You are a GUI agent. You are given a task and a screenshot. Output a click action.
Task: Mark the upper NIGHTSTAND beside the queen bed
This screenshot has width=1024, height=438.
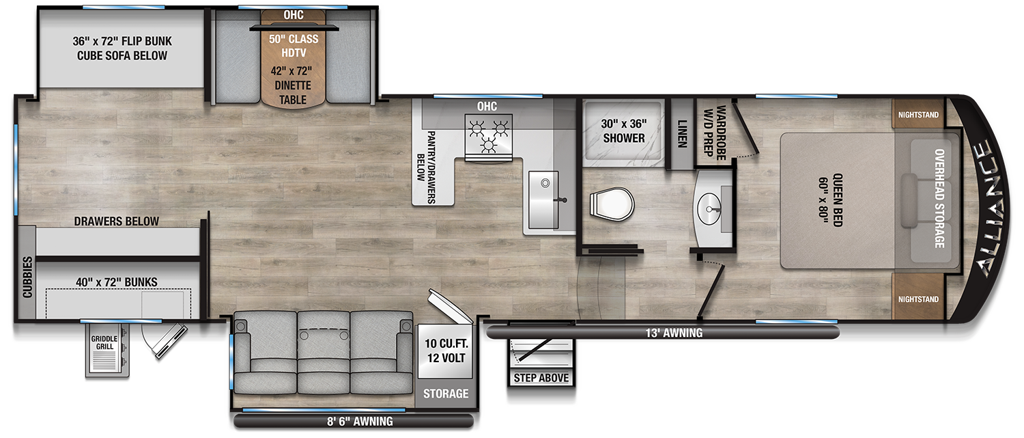pyautogui.click(x=918, y=115)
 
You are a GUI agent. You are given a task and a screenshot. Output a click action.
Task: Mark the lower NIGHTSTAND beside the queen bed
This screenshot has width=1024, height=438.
pyautogui.click(x=918, y=299)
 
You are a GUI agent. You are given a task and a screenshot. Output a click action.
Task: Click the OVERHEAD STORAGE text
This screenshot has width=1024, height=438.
pyautogui.click(x=939, y=198)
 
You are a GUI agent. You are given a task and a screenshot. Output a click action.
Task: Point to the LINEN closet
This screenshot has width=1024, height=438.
pyautogui.click(x=682, y=135)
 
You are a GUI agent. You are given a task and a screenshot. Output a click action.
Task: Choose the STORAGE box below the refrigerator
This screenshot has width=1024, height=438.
pyautogui.click(x=445, y=394)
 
